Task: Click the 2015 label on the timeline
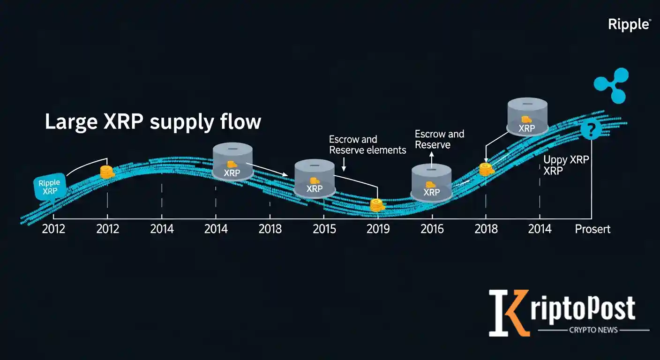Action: (324, 229)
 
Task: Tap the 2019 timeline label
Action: (378, 229)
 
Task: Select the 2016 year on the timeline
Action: (432, 229)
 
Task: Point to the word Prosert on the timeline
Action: (593, 229)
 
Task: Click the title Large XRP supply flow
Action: (153, 122)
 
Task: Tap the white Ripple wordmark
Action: (629, 24)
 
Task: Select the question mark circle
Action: (590, 130)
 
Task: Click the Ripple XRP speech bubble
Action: (49, 187)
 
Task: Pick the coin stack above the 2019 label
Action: (376, 204)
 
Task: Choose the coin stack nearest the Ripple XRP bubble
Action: (107, 172)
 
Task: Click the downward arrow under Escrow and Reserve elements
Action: (344, 165)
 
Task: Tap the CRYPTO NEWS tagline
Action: (593, 330)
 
